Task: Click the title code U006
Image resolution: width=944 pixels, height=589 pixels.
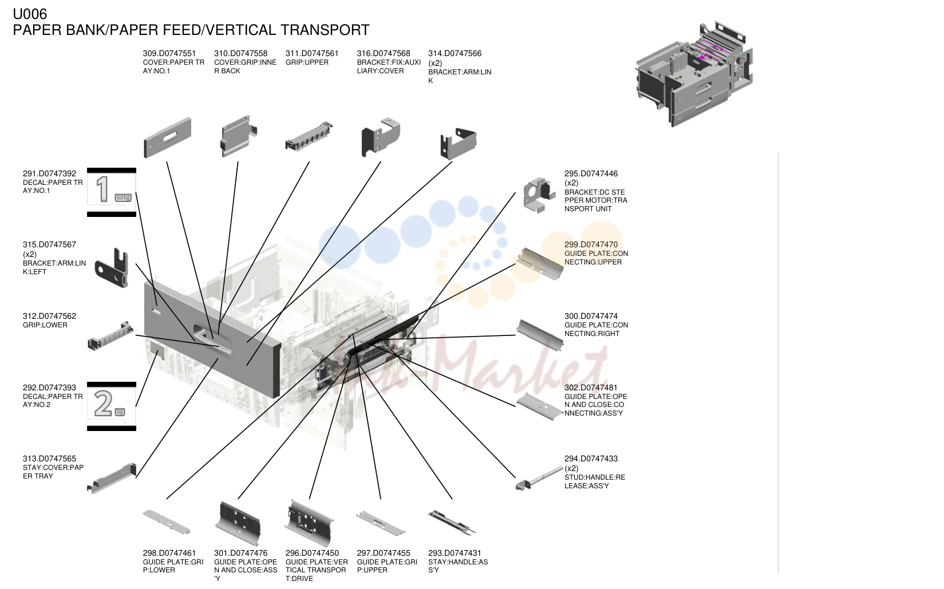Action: tap(30, 14)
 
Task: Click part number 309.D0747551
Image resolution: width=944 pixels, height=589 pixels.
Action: tap(169, 53)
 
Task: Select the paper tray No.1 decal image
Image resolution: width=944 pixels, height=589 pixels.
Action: tap(112, 192)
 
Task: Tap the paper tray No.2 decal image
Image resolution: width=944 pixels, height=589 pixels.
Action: tap(112, 406)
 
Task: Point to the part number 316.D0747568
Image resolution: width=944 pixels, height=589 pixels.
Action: tap(384, 53)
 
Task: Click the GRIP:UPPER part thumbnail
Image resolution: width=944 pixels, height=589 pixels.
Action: tap(309, 136)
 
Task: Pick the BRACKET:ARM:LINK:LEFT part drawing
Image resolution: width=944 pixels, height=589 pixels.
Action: tap(112, 267)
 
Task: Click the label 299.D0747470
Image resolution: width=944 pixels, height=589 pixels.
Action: tap(591, 245)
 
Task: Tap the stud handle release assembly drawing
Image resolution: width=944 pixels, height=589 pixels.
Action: tap(539, 478)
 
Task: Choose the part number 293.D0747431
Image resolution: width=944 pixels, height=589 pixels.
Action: tap(455, 553)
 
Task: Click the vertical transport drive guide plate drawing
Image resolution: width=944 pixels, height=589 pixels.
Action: tap(309, 523)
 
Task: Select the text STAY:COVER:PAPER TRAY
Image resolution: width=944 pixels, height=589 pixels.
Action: tap(53, 472)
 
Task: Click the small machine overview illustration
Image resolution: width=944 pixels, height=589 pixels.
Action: tap(694, 74)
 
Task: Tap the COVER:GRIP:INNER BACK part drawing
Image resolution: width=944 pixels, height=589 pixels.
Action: tap(238, 136)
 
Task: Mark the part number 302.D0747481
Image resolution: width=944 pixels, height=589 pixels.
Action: tap(591, 388)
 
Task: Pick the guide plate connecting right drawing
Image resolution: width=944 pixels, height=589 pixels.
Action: tap(540, 335)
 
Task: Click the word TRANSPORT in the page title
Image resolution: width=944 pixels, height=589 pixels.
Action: tap(325, 30)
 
